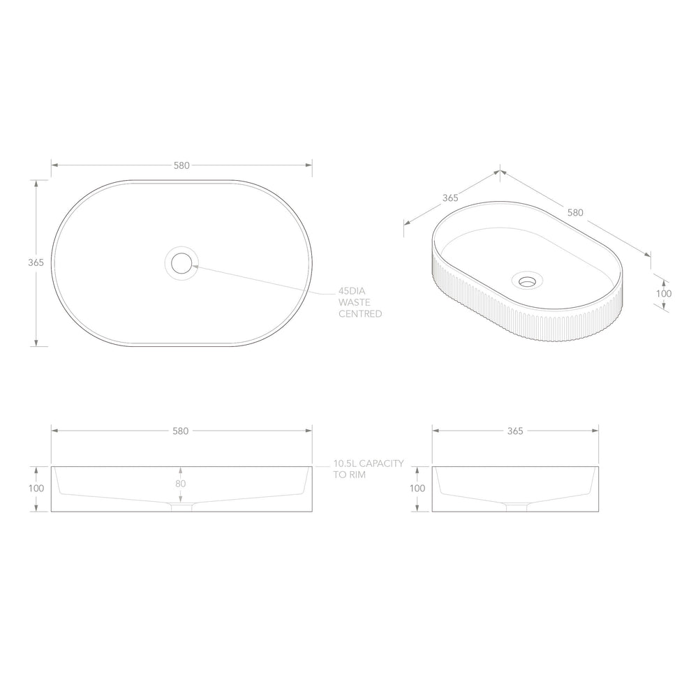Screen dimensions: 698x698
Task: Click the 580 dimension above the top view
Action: (x=181, y=165)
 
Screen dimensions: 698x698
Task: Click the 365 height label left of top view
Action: (x=36, y=262)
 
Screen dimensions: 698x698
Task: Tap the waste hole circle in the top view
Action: (x=181, y=263)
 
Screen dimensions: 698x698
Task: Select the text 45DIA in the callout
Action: (x=352, y=291)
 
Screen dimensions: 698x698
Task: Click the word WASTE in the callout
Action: (x=355, y=302)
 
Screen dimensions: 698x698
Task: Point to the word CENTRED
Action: (x=360, y=314)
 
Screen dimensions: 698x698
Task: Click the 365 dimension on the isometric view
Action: (x=450, y=198)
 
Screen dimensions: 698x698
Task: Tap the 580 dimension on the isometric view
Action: (x=575, y=213)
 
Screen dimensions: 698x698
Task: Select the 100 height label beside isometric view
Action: (x=664, y=294)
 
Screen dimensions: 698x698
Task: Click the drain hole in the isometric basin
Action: (x=528, y=281)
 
